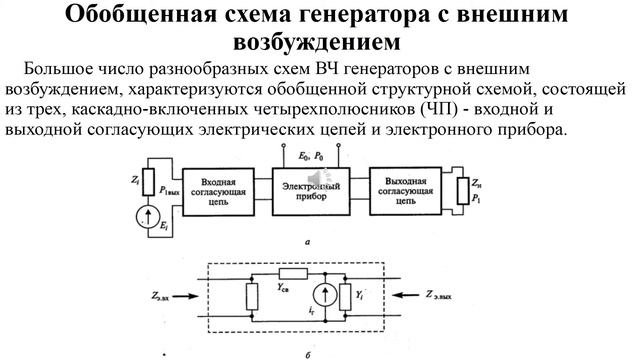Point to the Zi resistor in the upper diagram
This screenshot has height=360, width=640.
click(x=149, y=179)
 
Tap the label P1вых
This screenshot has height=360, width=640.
click(x=169, y=191)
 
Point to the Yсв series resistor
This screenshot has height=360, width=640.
click(x=292, y=273)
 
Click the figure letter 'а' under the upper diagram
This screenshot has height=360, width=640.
click(x=305, y=241)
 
